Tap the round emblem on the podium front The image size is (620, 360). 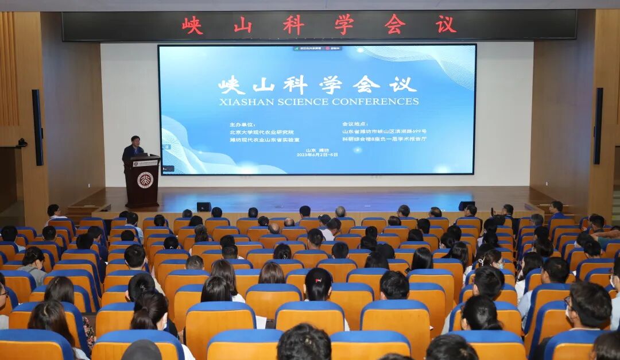pyautogui.click(x=145, y=180)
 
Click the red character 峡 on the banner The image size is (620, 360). pyautogui.click(x=192, y=25)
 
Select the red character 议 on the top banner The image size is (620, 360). pyautogui.click(x=446, y=25)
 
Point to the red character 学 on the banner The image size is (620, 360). pyautogui.click(x=344, y=25)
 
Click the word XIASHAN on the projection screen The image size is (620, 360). pyautogui.click(x=243, y=102)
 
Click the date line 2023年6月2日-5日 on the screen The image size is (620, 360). pyautogui.click(x=317, y=155)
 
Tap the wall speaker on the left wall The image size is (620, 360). pyautogui.click(x=37, y=127)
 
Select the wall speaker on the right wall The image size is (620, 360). pyautogui.click(x=598, y=126)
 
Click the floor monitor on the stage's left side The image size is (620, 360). pyautogui.click(x=204, y=207)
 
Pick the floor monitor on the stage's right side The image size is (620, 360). pyautogui.click(x=466, y=206)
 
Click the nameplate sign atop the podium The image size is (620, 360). pyautogui.click(x=145, y=164)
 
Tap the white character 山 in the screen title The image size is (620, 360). pyautogui.click(x=263, y=85)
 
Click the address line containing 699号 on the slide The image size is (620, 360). pyautogui.click(x=384, y=131)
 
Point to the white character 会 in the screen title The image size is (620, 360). pyautogui.click(x=366, y=85)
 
